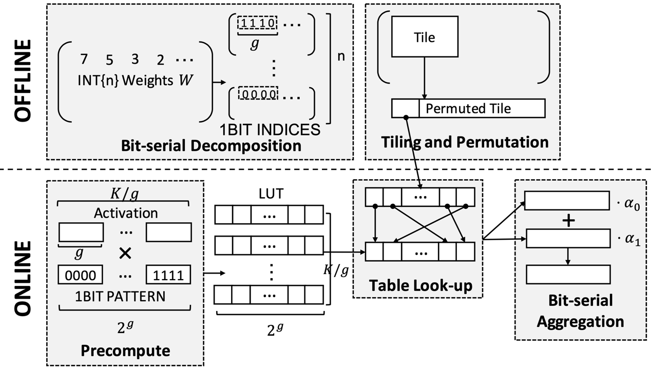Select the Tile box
click(x=425, y=37)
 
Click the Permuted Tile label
click(x=468, y=108)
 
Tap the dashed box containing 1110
click(x=257, y=23)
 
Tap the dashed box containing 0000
click(x=257, y=94)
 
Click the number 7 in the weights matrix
click(x=84, y=59)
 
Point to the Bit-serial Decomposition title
click(x=211, y=145)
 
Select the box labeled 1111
click(x=169, y=275)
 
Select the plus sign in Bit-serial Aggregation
click(x=568, y=221)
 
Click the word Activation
click(x=126, y=212)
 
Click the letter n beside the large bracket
click(x=341, y=56)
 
